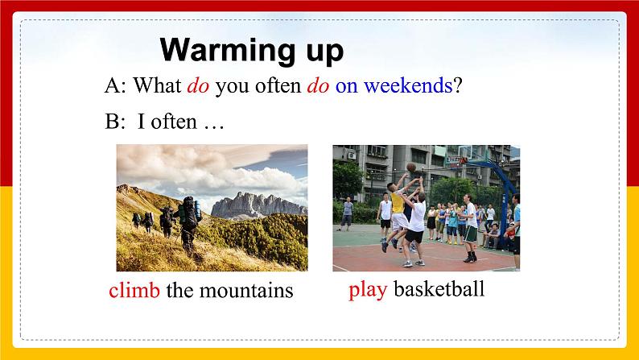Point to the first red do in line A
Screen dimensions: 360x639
pyautogui.click(x=198, y=86)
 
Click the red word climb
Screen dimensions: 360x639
pyautogui.click(x=134, y=290)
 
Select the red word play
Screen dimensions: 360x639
pyautogui.click(x=368, y=289)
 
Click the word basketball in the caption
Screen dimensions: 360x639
pyautogui.click(x=439, y=289)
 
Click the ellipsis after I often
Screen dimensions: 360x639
pyautogui.click(x=213, y=123)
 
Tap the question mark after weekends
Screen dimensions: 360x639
pyautogui.click(x=457, y=86)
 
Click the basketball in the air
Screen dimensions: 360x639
pyautogui.click(x=410, y=167)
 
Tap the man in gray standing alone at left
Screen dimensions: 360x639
pyautogui.click(x=347, y=213)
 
